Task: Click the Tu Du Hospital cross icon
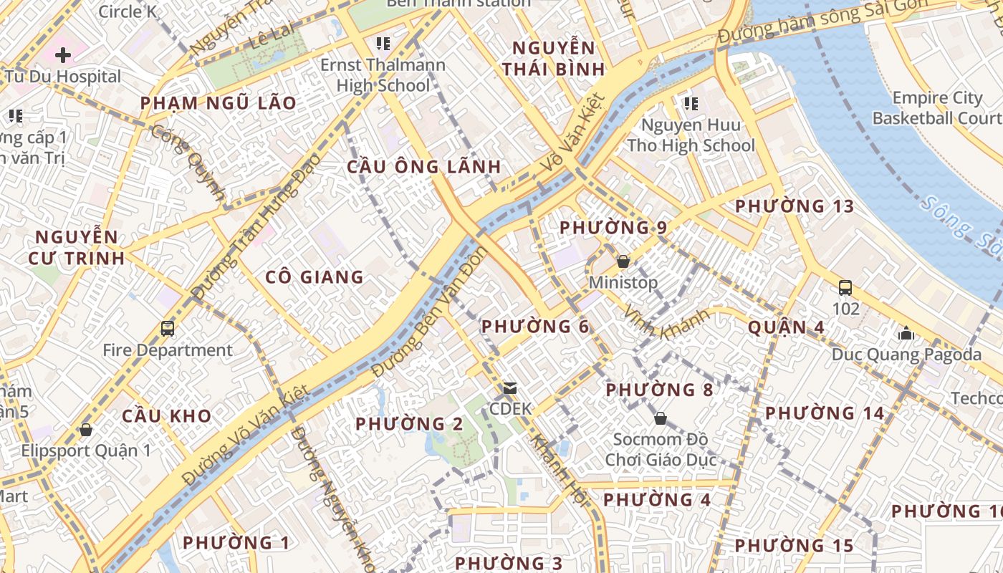[x=63, y=54]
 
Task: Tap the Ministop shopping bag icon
[x=623, y=261]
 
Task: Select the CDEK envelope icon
[x=510, y=388]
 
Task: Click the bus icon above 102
[x=845, y=288]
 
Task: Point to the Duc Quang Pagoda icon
[x=906, y=333]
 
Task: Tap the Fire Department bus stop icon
[x=168, y=329]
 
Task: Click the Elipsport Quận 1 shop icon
[x=86, y=430]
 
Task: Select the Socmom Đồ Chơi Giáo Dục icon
[x=661, y=418]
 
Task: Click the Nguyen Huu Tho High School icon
[x=691, y=104]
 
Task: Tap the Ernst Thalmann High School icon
[x=383, y=44]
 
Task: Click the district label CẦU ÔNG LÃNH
[x=424, y=167]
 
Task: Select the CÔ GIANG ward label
[x=315, y=276]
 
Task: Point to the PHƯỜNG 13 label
[x=795, y=206]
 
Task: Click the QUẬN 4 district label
[x=786, y=327]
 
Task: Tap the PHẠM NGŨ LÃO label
[x=218, y=102]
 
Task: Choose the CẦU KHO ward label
[x=166, y=416]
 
